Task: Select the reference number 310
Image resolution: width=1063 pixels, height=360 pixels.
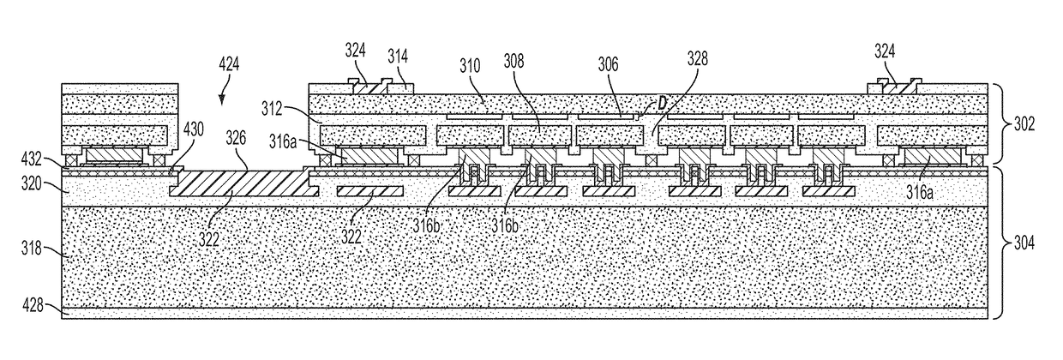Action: click(469, 64)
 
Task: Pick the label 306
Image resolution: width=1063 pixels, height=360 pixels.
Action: click(609, 64)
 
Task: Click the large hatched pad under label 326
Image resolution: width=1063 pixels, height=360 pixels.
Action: click(240, 183)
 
